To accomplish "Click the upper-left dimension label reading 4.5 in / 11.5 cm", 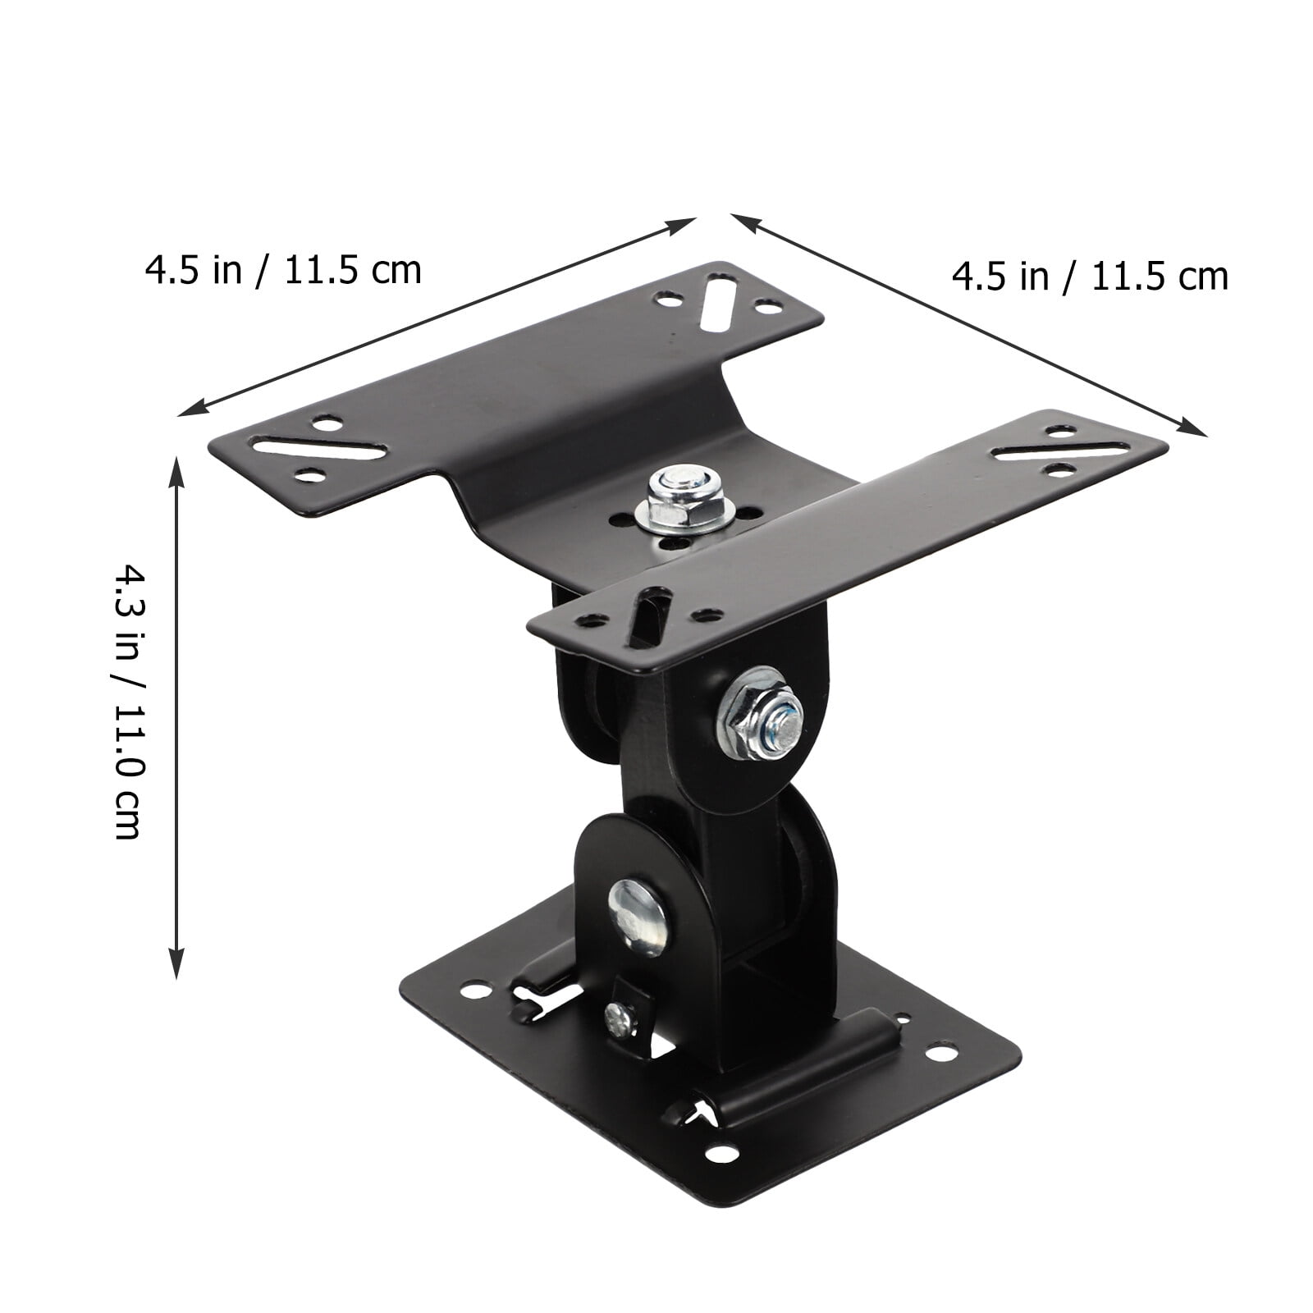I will (x=283, y=270).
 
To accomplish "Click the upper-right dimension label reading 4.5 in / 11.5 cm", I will (x=1090, y=277).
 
